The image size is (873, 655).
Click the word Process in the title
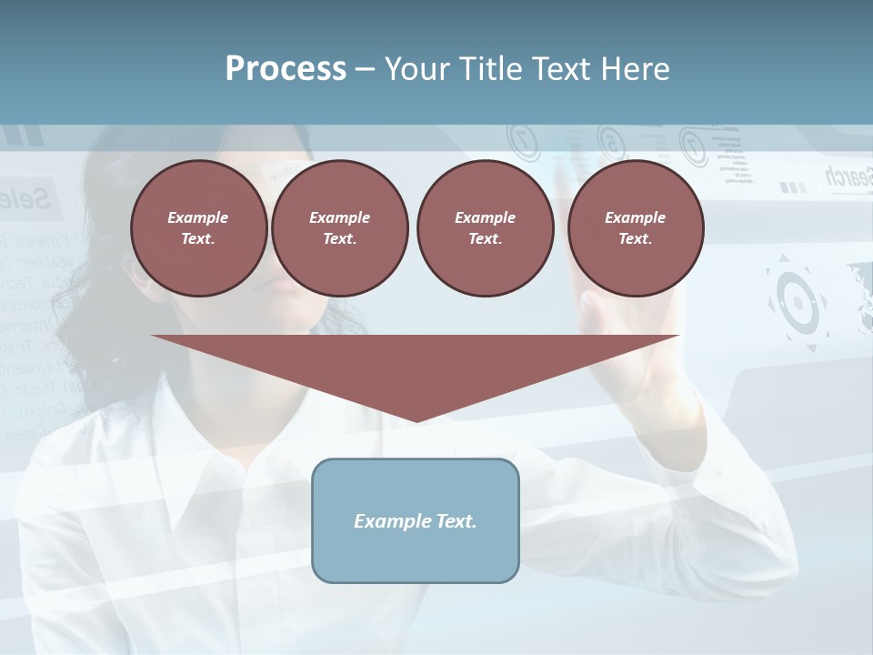tap(286, 69)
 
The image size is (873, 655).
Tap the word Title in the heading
tap(488, 69)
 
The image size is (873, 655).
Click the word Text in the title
tap(559, 69)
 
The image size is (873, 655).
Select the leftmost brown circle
tap(199, 227)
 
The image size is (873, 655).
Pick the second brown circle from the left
tap(340, 227)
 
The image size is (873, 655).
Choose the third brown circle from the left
tap(486, 227)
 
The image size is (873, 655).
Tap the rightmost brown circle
tap(636, 227)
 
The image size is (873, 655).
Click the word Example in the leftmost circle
tap(198, 217)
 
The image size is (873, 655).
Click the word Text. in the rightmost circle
tap(636, 238)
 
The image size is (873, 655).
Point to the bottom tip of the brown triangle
tap(416, 420)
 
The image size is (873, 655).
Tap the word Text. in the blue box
tap(456, 521)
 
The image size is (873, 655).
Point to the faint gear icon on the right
tap(798, 303)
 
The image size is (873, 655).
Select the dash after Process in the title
tap(365, 69)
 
